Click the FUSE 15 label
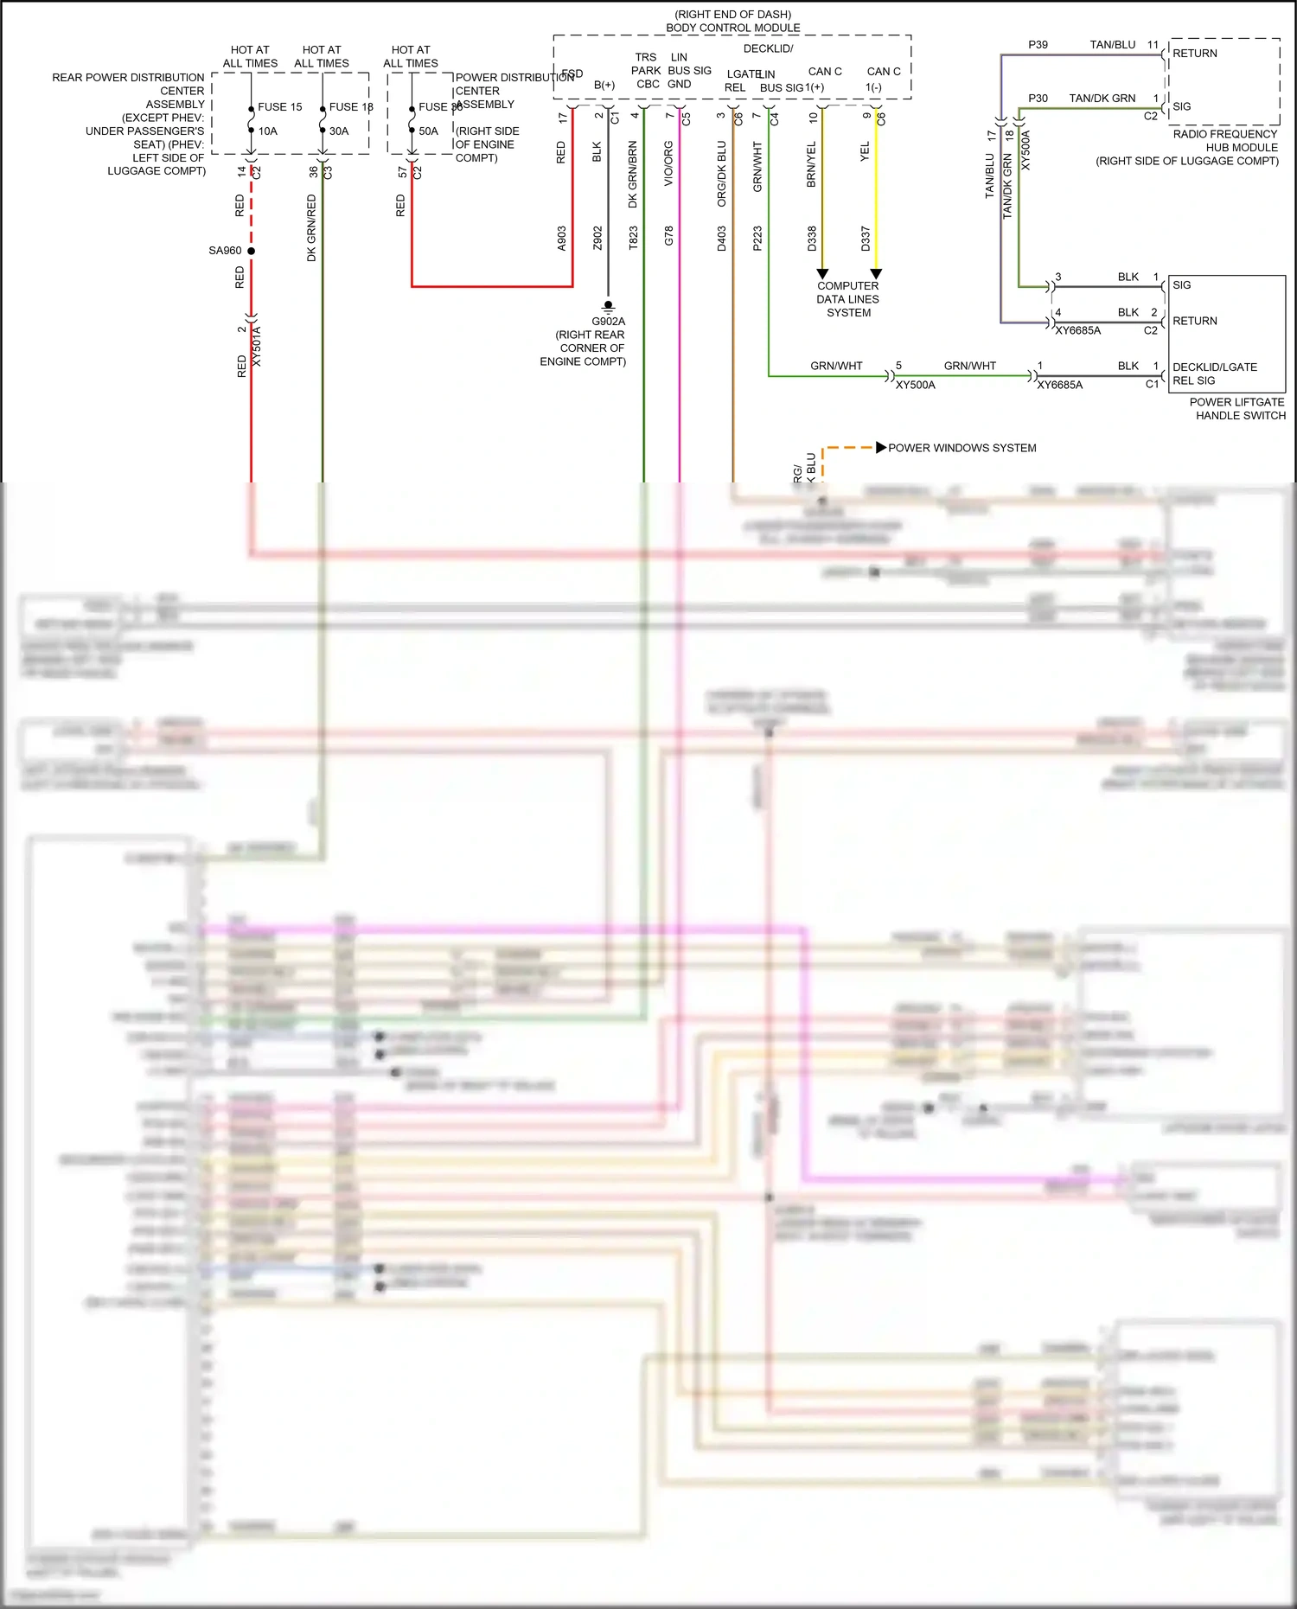[279, 107]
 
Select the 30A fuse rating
[339, 131]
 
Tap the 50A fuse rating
[428, 131]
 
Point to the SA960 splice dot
[252, 251]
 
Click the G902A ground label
[608, 322]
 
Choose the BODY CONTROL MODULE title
[732, 28]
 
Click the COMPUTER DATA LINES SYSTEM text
[847, 299]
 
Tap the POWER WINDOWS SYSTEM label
[962, 448]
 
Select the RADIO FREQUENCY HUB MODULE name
[1225, 141]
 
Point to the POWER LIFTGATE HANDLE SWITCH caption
[1237, 409]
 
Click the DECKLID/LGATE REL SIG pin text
[1214, 374]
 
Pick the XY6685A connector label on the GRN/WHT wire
[1059, 385]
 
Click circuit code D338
[812, 239]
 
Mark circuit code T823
[634, 238]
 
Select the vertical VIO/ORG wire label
[668, 164]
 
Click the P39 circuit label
[1038, 45]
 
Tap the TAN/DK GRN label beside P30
[1102, 99]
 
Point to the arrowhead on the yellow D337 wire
[876, 273]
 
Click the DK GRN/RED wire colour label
[311, 227]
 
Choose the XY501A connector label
[257, 346]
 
